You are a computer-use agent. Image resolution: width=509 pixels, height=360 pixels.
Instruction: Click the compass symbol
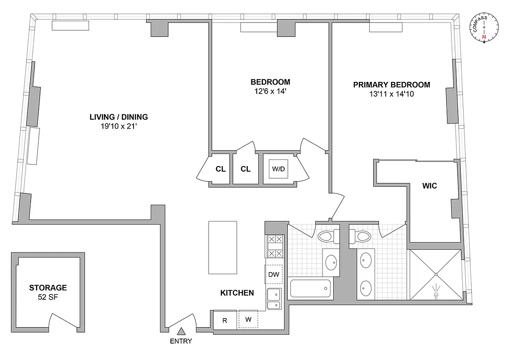485,29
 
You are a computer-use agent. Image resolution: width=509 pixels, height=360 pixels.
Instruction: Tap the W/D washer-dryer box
276,169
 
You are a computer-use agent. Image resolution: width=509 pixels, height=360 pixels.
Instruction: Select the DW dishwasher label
273,274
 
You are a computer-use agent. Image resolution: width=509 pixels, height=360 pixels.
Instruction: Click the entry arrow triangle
181,332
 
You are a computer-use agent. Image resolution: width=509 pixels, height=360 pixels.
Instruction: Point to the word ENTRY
181,341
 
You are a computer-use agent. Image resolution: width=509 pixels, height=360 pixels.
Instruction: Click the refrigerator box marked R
225,321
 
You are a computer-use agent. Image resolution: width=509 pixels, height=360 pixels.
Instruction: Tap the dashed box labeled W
248,319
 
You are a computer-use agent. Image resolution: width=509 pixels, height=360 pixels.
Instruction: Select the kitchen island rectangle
223,247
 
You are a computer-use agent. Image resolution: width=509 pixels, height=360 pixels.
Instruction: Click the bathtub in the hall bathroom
310,288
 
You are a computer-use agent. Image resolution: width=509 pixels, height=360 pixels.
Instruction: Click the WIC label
429,185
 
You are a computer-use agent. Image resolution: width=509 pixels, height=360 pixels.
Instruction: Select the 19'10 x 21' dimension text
119,126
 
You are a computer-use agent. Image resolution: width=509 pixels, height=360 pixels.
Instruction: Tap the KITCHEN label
237,293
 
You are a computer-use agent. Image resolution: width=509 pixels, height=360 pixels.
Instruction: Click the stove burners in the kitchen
274,247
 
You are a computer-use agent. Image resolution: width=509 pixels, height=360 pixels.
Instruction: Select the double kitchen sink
273,299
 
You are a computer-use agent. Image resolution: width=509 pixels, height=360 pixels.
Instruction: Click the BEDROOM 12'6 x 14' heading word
270,82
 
